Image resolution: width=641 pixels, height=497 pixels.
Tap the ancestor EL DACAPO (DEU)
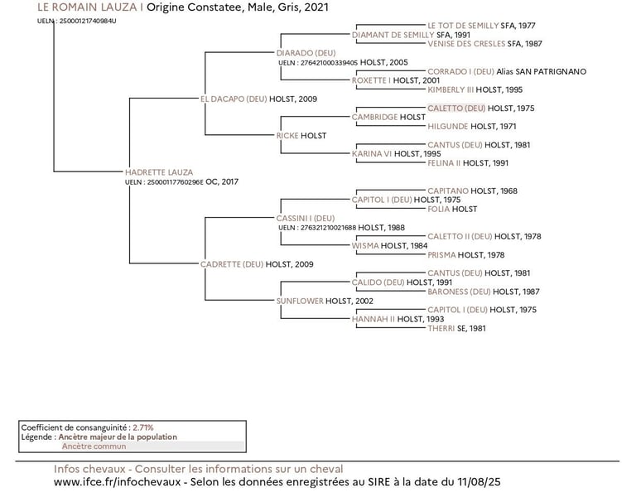coord(234,99)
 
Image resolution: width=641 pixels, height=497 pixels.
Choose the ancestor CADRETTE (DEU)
coord(232,264)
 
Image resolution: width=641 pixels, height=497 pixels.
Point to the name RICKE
coord(287,135)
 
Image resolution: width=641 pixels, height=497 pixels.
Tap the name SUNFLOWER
coord(300,301)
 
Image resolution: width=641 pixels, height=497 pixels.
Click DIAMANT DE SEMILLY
coord(393,35)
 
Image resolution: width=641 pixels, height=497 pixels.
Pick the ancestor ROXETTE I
coord(371,80)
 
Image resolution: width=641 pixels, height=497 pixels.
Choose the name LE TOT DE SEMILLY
coord(463,26)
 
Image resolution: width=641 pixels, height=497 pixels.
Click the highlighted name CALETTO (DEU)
coord(456,108)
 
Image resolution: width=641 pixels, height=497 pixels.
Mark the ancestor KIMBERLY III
coord(451,89)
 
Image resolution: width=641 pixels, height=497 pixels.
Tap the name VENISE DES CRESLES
coord(466,43)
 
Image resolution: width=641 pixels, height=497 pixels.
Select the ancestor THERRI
coord(441,328)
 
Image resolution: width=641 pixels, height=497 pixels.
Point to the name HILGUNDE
coord(448,126)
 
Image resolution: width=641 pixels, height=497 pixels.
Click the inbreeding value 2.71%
coord(142,427)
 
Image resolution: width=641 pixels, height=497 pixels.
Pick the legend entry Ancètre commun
coord(94,446)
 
